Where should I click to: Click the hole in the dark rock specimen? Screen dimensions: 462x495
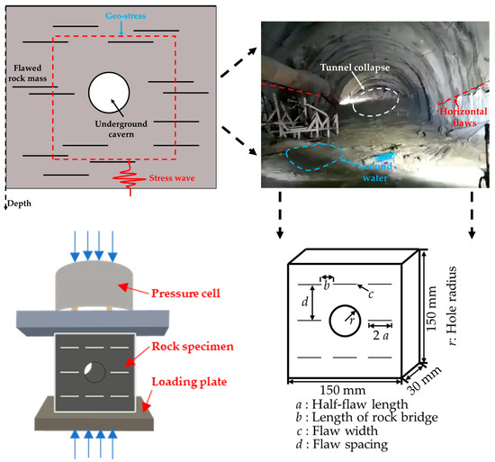point(94,370)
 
